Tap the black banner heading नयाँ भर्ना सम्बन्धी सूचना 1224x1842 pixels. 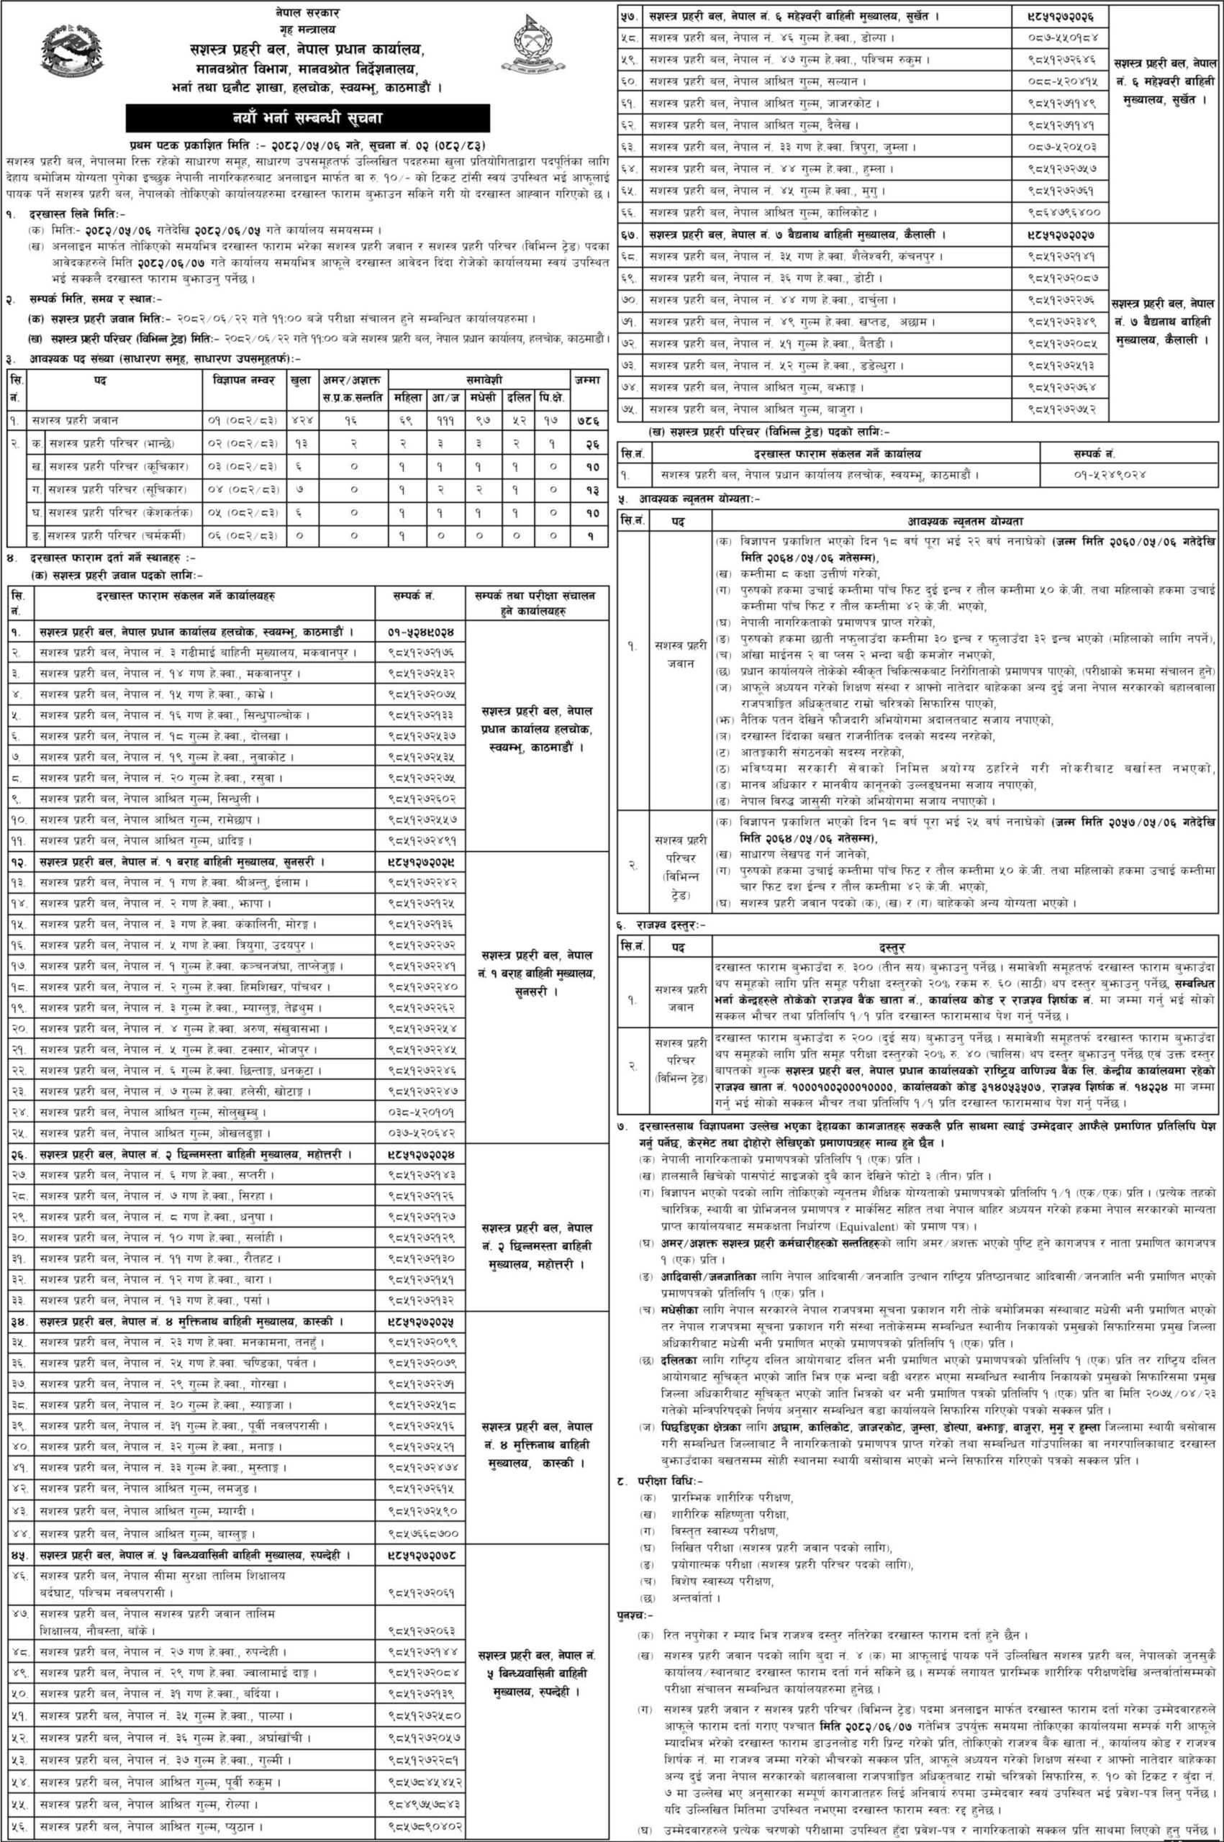tap(309, 119)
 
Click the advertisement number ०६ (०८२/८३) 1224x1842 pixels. tap(242, 536)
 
